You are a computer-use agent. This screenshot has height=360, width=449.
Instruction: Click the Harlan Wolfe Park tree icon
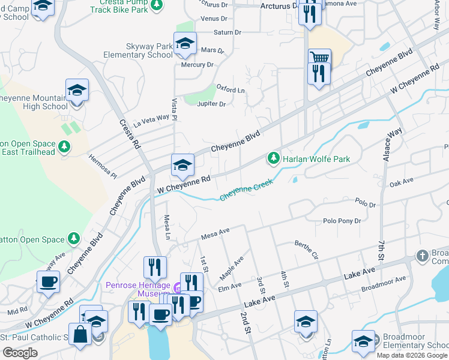[x=274, y=158]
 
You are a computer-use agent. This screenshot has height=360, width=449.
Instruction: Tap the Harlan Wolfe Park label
[x=316, y=159]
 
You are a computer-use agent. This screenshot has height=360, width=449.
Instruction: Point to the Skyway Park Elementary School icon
[x=185, y=43]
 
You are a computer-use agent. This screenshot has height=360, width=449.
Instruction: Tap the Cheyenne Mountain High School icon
[x=77, y=91]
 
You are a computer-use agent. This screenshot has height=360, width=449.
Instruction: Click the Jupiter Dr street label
[x=211, y=104]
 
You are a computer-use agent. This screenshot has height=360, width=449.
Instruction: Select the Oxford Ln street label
[x=231, y=89]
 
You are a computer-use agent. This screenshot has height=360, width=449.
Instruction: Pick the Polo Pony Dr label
[x=342, y=221]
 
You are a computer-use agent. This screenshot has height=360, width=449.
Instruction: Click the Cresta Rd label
[x=129, y=134]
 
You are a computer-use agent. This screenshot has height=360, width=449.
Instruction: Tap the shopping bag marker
[x=79, y=335]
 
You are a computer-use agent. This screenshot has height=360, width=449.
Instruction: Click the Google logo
[x=20, y=353]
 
